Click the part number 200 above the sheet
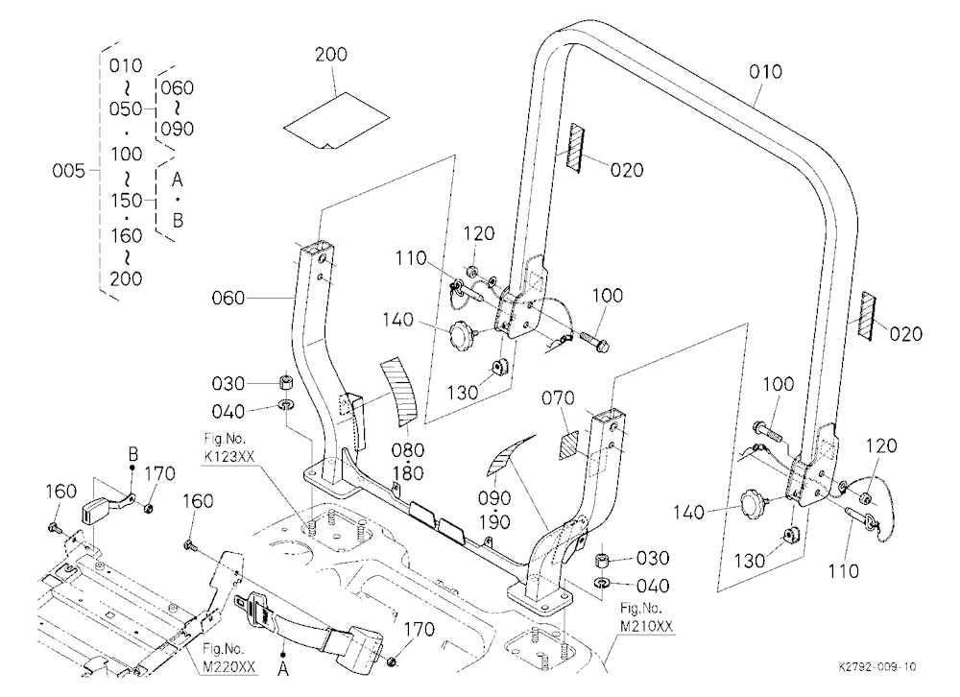(x=331, y=55)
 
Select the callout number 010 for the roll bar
(x=765, y=72)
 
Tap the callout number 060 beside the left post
(x=228, y=299)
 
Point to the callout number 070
(x=558, y=398)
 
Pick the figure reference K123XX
(x=229, y=456)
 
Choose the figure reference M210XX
(x=646, y=626)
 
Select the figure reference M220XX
(x=229, y=666)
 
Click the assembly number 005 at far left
(x=68, y=170)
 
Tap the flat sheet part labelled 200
(x=336, y=121)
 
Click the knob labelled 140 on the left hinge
(x=463, y=335)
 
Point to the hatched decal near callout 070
(x=568, y=445)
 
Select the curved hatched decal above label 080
(x=397, y=392)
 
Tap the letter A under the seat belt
(x=283, y=669)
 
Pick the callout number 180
(x=408, y=473)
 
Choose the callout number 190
(x=494, y=522)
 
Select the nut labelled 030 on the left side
(x=285, y=383)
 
